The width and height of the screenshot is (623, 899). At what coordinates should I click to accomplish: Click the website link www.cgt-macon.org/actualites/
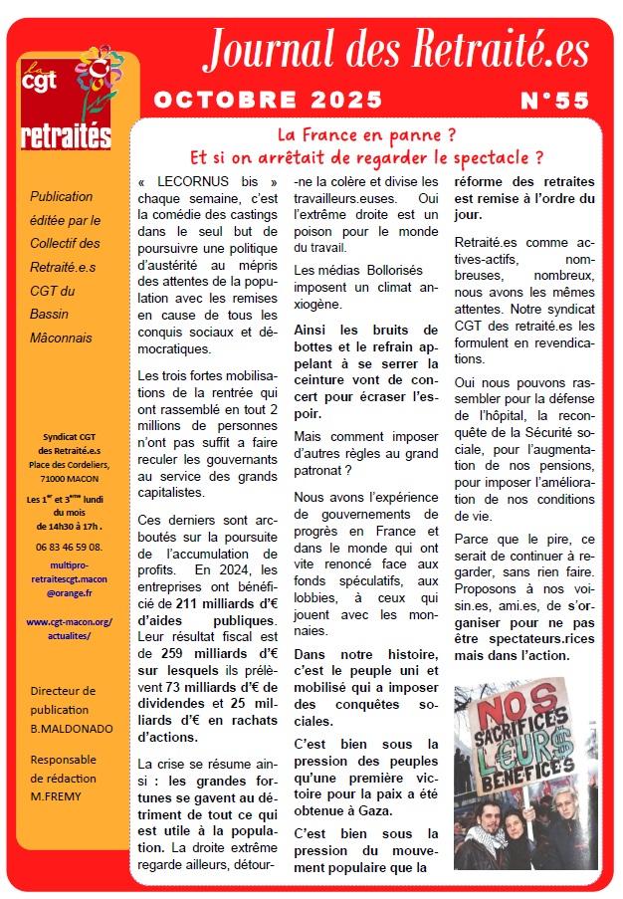(69, 629)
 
